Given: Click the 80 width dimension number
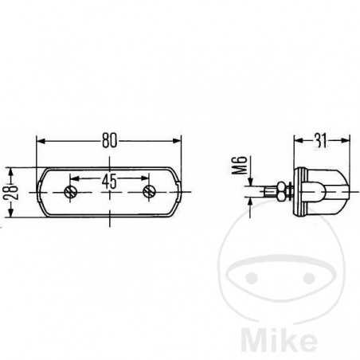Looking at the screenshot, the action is point(109,140).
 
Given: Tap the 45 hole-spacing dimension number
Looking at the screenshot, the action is point(109,181).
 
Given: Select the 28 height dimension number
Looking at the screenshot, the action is point(11,193).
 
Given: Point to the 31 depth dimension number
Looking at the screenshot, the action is point(321,140).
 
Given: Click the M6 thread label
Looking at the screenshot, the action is point(239,165).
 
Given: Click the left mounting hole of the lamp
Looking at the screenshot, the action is point(70,192).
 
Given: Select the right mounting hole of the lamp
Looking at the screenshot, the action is point(149,192).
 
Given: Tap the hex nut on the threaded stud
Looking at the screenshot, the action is point(282,191).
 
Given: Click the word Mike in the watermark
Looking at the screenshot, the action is point(279,340).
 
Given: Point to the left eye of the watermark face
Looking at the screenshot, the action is point(251,277).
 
